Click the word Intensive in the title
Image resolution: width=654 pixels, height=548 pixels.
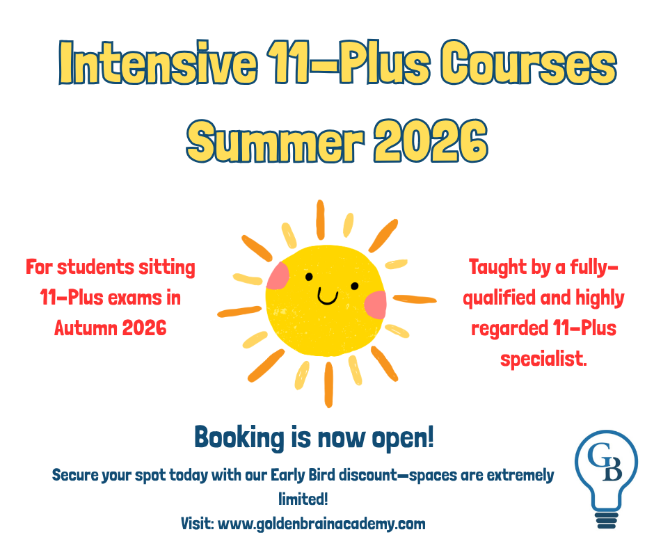(x=158, y=63)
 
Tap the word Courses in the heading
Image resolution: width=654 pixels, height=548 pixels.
(x=529, y=63)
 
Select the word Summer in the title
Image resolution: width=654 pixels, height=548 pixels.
(x=276, y=141)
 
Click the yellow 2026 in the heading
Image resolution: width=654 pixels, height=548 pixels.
(x=431, y=141)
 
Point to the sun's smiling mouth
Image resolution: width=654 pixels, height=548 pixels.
(x=328, y=296)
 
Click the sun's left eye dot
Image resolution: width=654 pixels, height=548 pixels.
(x=309, y=277)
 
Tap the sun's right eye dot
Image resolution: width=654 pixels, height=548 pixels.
(x=355, y=286)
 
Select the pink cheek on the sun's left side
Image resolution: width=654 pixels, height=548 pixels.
(x=278, y=276)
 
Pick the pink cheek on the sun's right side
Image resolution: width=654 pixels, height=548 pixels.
(x=376, y=305)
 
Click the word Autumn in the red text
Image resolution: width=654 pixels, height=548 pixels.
(x=86, y=328)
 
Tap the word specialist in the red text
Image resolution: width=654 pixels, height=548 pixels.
(x=543, y=359)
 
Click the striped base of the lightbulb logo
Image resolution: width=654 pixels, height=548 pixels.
(x=607, y=520)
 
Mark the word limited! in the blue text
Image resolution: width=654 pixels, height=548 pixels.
(x=303, y=499)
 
